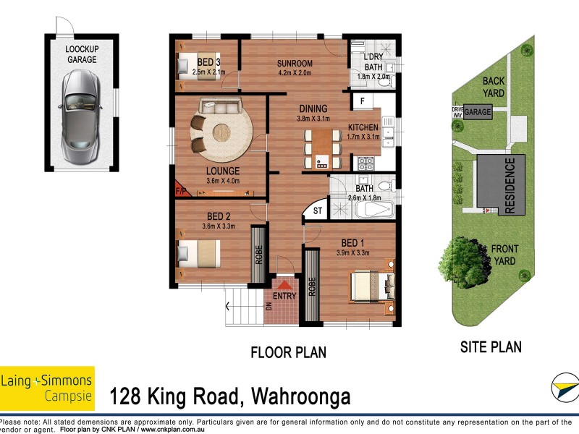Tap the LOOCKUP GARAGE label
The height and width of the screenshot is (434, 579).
(x=82, y=54)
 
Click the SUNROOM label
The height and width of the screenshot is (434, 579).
(x=295, y=63)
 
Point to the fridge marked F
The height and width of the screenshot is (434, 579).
(x=361, y=101)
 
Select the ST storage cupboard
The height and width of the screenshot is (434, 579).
(x=317, y=211)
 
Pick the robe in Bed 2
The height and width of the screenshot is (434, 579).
(x=258, y=255)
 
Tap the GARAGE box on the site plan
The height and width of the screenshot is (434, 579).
(x=478, y=113)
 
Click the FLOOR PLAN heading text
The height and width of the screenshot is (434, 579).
(x=288, y=353)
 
